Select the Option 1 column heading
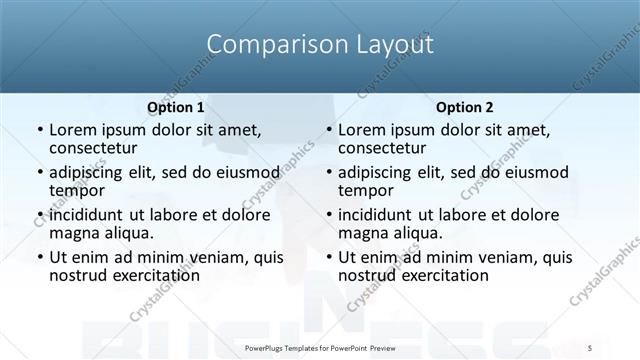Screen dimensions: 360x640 (176, 107)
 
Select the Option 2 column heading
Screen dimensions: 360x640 (464, 107)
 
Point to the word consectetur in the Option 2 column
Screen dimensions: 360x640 (387, 148)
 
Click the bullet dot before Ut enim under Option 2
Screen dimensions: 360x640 (329, 258)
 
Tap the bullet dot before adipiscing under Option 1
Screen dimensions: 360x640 (40, 173)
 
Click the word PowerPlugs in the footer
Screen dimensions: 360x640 (266, 347)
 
